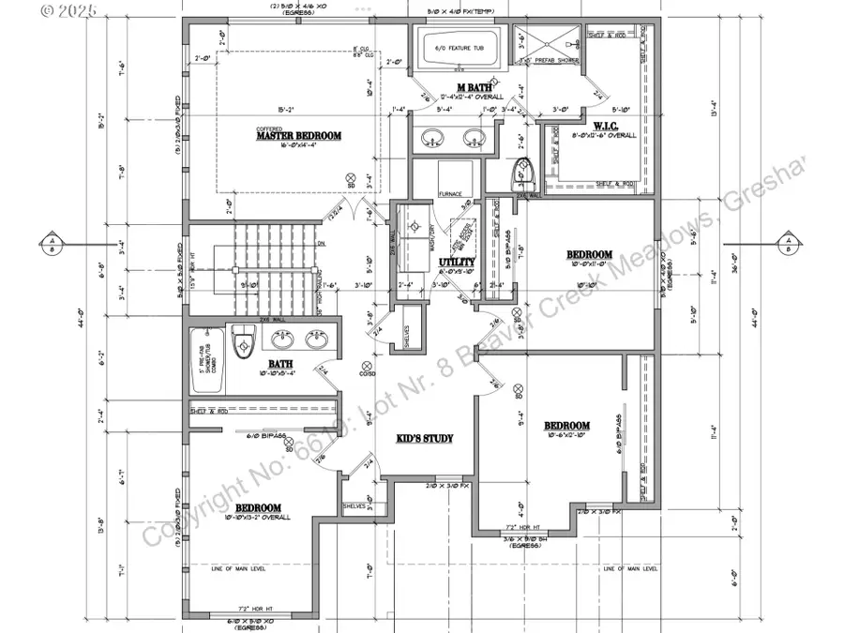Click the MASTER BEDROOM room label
pos(299,136)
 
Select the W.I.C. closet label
pos(604,125)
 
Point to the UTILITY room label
pos(463,264)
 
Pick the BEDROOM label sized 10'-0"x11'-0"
pos(589,255)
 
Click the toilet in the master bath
pos(522,172)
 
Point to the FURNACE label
pos(450,195)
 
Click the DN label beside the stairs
pos(321,244)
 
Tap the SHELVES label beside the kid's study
pos(354,505)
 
